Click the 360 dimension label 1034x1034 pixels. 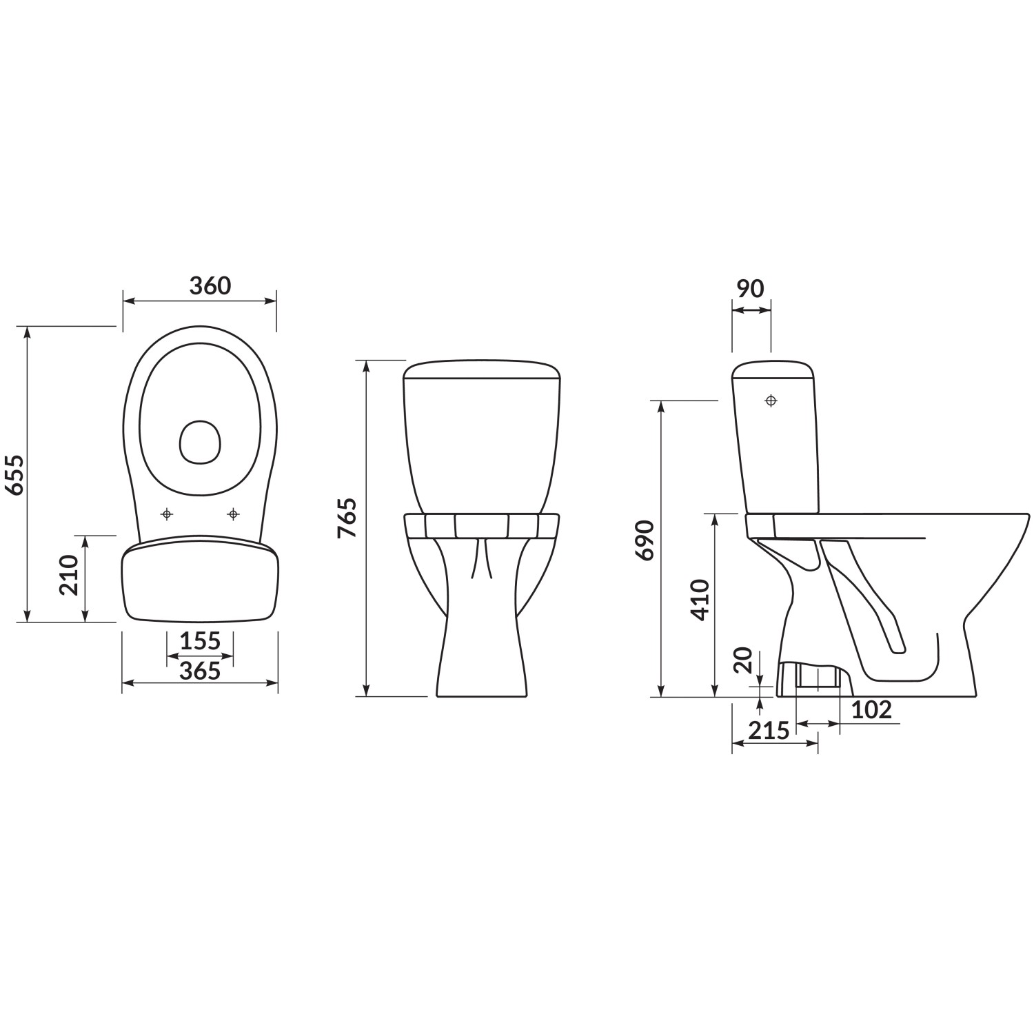(210, 285)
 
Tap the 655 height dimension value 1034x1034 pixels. (15, 474)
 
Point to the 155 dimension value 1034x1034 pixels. (200, 642)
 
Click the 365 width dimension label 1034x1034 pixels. (200, 670)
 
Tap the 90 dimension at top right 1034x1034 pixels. (750, 288)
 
